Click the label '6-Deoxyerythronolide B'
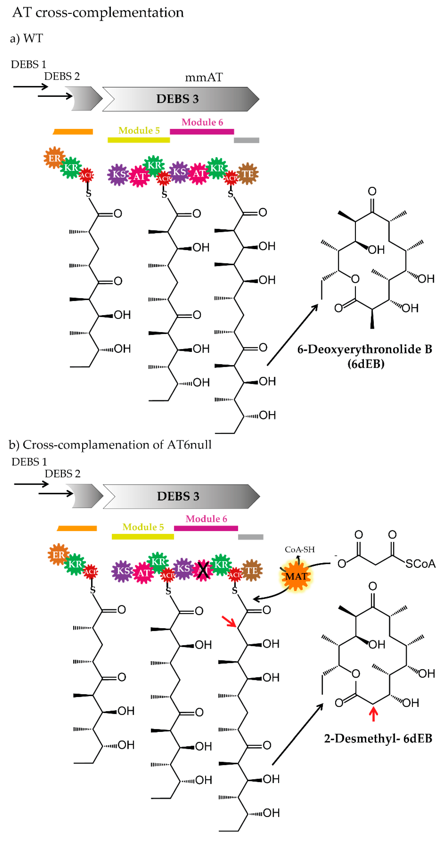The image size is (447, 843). [364, 349]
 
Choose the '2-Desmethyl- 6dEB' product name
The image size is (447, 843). [378, 739]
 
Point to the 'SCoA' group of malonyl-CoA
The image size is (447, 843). [420, 564]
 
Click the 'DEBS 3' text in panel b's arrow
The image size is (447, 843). [178, 496]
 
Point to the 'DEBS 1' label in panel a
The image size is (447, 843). [28, 64]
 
